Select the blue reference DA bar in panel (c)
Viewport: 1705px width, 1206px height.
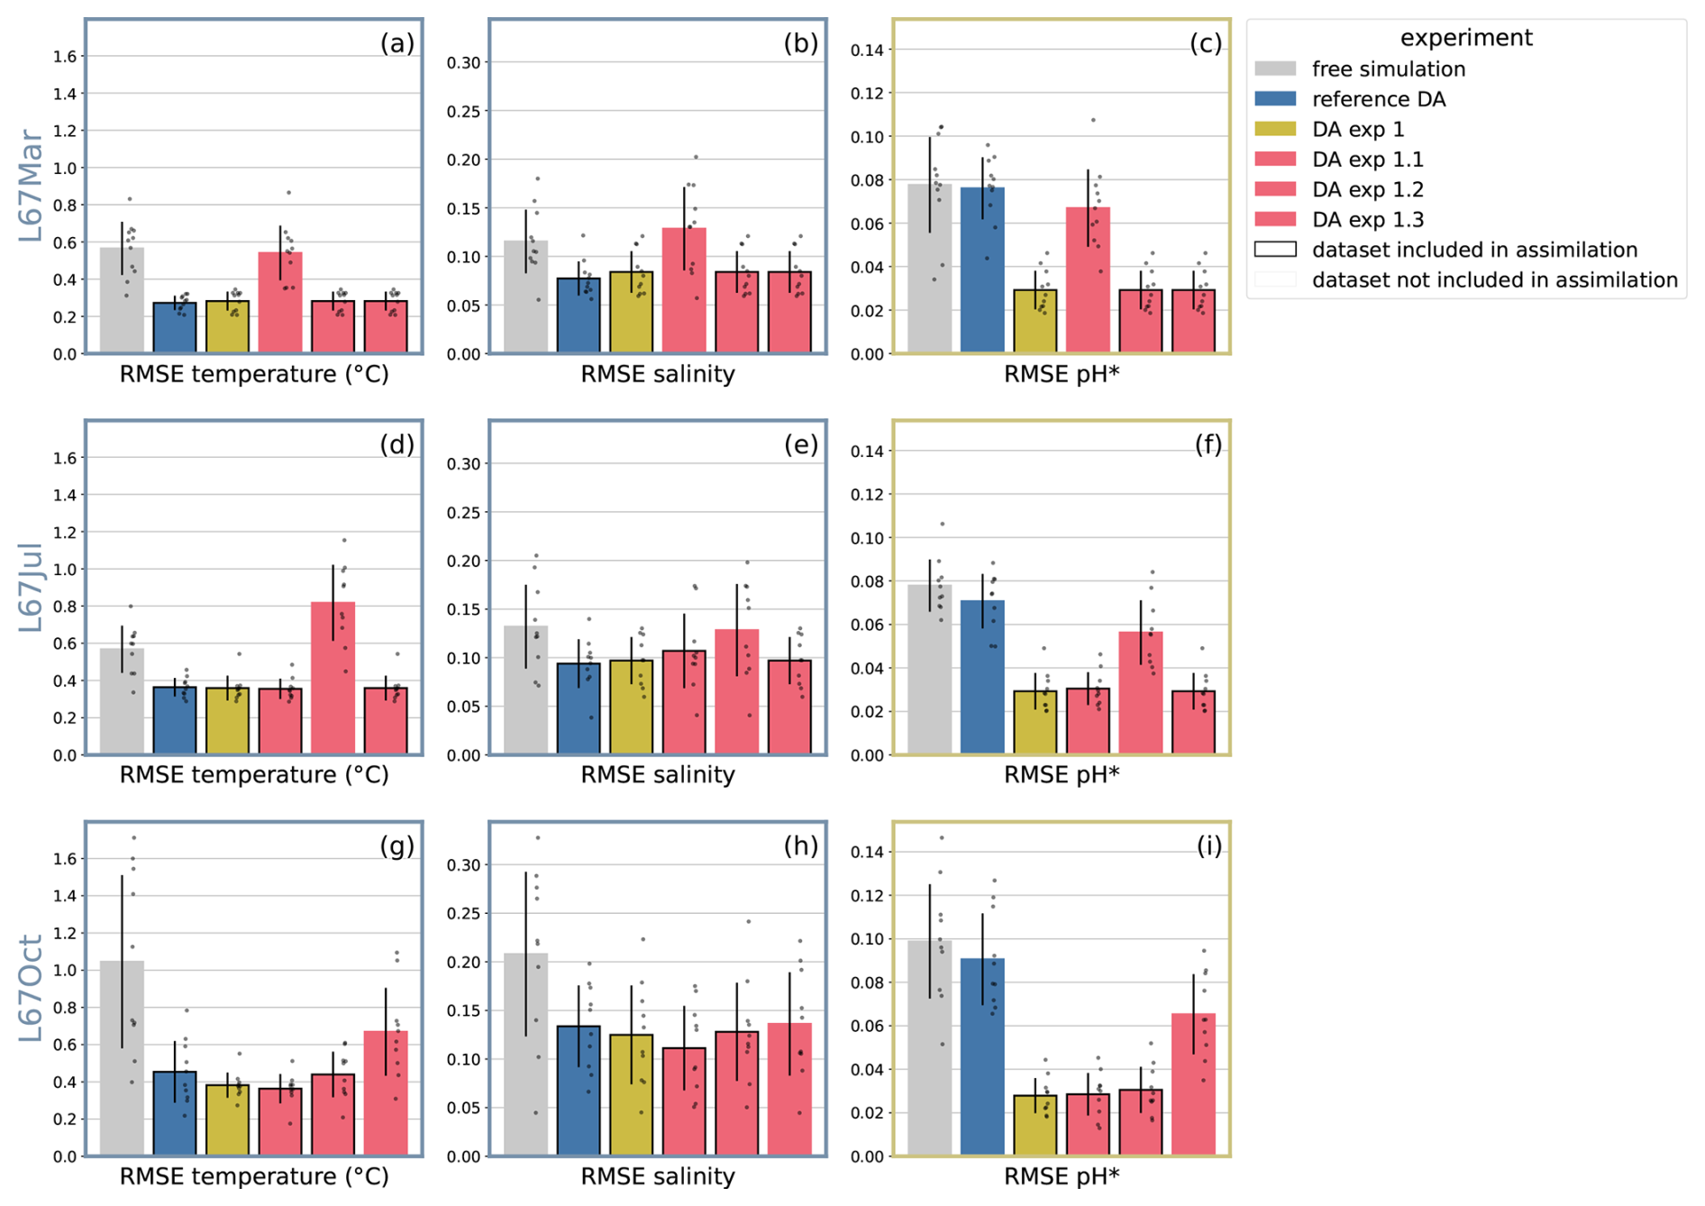982,270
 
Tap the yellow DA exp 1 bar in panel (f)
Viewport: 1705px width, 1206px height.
1035,722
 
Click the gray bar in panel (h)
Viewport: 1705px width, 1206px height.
525,1055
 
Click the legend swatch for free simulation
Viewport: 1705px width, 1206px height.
1275,69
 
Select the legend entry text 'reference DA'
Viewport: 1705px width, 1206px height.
1378,99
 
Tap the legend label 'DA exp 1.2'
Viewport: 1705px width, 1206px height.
1367,189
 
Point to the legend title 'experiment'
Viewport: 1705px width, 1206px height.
1465,38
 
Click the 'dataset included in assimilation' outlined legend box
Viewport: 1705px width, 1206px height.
1275,250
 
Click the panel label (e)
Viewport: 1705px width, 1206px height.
800,444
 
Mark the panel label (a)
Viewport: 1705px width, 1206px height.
397,43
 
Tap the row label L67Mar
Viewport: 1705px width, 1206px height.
31,186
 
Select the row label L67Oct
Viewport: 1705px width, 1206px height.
31,989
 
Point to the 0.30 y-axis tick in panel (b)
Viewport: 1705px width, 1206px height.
464,63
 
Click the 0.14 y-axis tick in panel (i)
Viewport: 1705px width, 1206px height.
867,852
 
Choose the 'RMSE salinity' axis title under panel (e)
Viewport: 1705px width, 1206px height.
657,774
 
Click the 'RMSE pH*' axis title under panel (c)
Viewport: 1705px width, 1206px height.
1061,374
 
